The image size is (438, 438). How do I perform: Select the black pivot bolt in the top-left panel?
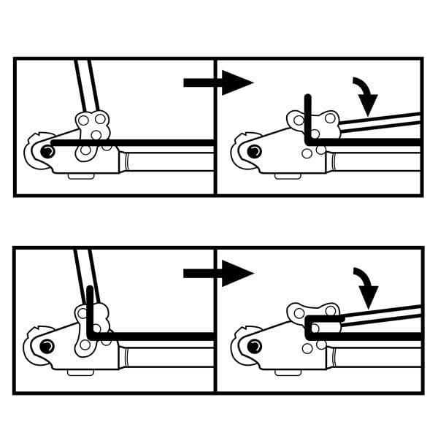click(x=47, y=151)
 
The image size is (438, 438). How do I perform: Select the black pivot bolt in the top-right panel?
click(x=254, y=151)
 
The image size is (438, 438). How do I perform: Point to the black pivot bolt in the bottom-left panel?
click(x=47, y=344)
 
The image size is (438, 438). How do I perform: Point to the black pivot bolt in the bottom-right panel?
click(x=254, y=344)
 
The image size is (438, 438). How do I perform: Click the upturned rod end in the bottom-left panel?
click(x=89, y=307)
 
